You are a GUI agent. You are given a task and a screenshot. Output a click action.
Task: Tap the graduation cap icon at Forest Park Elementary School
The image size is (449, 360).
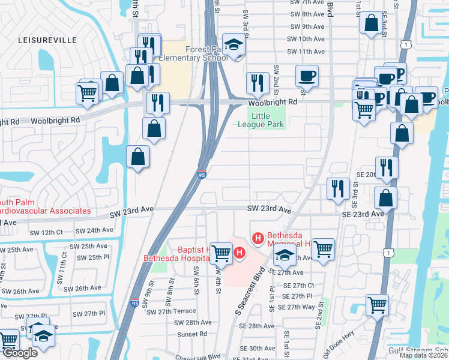tap(234, 45)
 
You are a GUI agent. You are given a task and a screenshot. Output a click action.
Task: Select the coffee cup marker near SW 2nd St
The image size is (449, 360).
tap(307, 76)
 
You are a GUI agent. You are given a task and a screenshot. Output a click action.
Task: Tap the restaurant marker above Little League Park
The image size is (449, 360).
tap(258, 83)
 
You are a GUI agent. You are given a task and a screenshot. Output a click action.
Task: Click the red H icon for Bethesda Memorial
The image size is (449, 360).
tap(258, 239)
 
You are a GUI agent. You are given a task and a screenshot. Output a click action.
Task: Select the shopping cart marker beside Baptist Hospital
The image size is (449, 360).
tap(221, 253)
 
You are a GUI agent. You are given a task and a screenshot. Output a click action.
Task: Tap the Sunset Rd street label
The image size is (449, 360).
tap(191, 334)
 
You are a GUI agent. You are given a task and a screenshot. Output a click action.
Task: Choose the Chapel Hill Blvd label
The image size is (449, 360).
tap(196, 356)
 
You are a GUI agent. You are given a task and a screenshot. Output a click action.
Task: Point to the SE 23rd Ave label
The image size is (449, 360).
tap(363, 214)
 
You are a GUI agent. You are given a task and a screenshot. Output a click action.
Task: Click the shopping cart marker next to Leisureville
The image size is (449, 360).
tap(88, 93)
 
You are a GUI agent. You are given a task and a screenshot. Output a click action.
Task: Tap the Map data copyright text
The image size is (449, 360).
tap(424, 355)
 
